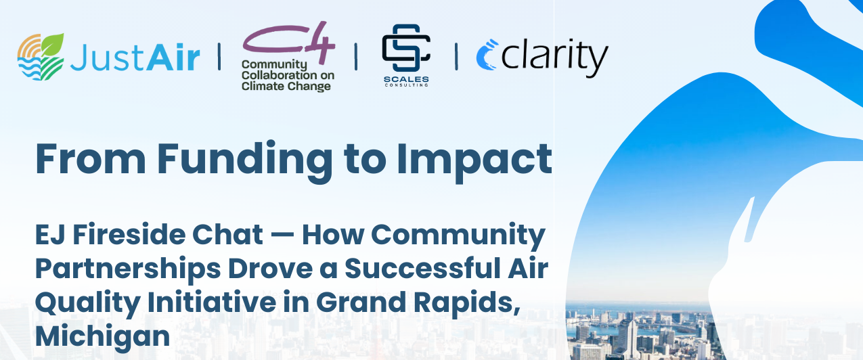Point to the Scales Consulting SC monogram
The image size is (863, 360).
click(x=406, y=49)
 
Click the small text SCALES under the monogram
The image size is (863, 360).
click(x=406, y=78)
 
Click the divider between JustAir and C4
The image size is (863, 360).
click(x=219, y=57)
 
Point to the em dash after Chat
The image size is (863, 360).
click(x=280, y=235)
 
